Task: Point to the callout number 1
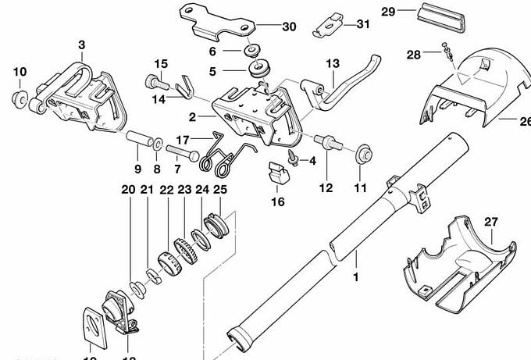(x=357, y=277)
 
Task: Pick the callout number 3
(x=81, y=46)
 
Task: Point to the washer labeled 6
(x=251, y=52)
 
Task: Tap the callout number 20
(x=128, y=190)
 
